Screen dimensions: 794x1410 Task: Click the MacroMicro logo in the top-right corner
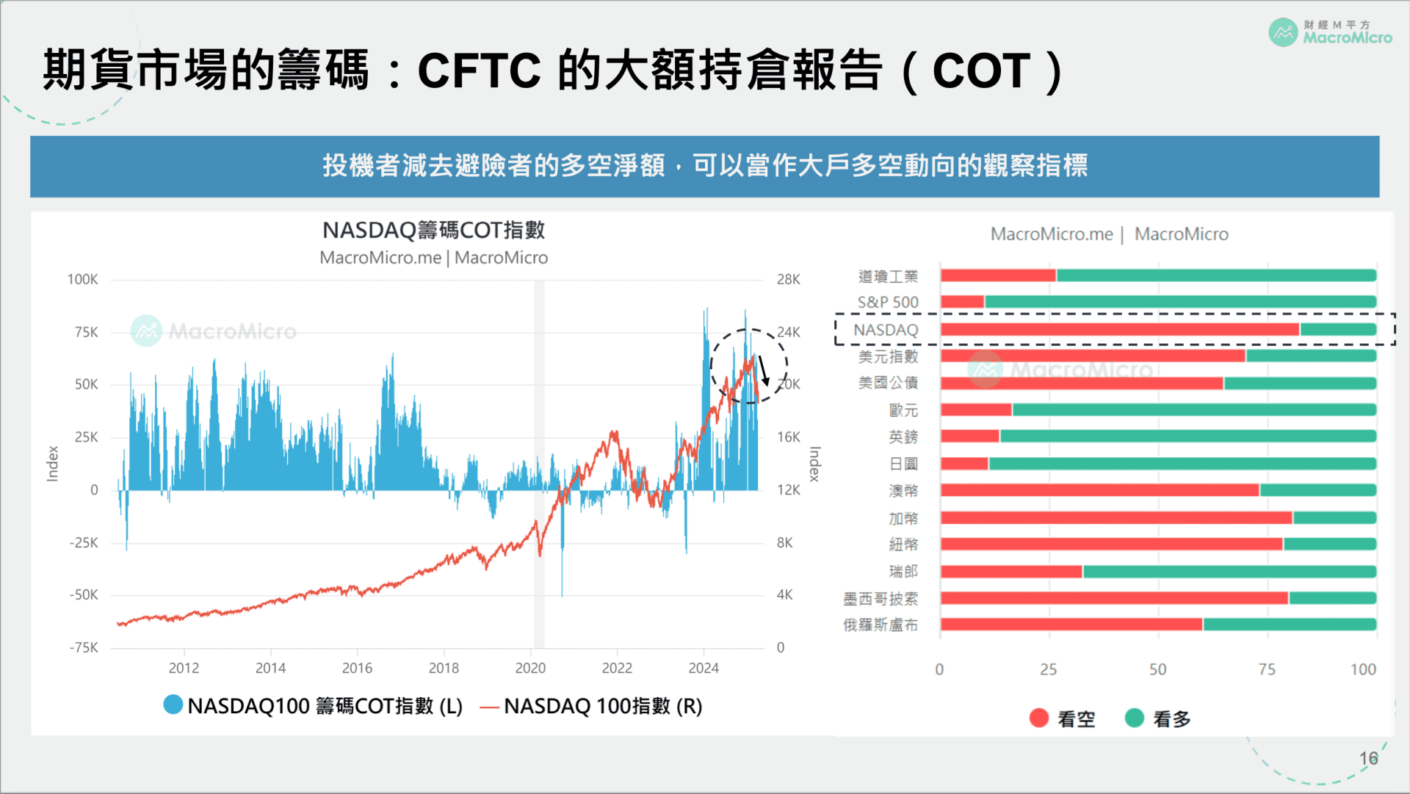[x=1329, y=32]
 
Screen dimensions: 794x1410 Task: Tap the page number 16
[x=1368, y=758]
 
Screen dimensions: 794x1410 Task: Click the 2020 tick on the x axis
[x=530, y=668]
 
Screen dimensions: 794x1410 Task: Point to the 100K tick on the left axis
[x=82, y=280]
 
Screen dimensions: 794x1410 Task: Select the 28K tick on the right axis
[x=788, y=280]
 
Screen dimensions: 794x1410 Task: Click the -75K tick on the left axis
[x=83, y=648]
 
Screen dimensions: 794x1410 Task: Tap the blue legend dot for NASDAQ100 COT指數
[x=173, y=704]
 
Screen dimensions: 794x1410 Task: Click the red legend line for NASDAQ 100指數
[x=489, y=707]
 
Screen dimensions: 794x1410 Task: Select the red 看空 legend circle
[x=1038, y=718]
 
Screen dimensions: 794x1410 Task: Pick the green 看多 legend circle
[x=1135, y=718]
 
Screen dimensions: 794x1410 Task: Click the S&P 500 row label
[x=888, y=302]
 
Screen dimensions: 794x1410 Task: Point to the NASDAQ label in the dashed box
[x=886, y=330]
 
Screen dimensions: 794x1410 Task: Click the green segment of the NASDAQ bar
[x=1337, y=329]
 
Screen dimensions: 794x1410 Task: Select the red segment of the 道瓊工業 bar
[x=998, y=276]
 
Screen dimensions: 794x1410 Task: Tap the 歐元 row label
[x=903, y=410]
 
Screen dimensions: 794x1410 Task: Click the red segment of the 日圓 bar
[x=964, y=464]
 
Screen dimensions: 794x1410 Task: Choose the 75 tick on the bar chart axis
[x=1267, y=669]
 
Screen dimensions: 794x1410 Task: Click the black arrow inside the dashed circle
[x=763, y=371]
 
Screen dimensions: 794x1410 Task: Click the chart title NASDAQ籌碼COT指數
[x=433, y=230]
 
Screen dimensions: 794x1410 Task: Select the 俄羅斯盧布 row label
[x=881, y=625]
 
